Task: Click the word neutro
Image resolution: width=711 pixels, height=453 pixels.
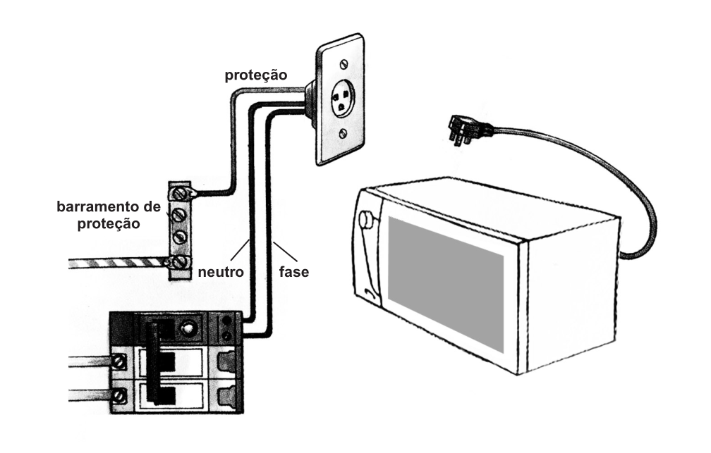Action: click(221, 272)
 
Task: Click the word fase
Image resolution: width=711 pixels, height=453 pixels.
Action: click(294, 272)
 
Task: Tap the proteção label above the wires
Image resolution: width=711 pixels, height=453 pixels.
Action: click(256, 75)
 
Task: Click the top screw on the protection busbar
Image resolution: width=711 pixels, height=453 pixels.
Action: click(181, 194)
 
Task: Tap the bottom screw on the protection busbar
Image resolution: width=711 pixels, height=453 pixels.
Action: click(181, 261)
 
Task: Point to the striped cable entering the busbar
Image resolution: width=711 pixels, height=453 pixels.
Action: click(119, 263)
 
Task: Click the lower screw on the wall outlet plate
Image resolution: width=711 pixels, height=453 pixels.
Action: click(344, 133)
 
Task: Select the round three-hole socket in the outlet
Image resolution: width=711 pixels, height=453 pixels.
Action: click(342, 99)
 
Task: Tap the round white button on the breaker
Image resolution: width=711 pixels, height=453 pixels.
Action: click(186, 328)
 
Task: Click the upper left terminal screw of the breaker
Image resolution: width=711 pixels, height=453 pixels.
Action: click(119, 361)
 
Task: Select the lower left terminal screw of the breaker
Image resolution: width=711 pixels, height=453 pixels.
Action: click(119, 395)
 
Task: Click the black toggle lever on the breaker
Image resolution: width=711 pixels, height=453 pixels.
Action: click(155, 362)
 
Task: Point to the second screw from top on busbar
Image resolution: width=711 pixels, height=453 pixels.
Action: click(181, 215)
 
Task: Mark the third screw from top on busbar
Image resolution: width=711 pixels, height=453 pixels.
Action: click(181, 237)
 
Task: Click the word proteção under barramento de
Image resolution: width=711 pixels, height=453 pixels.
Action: click(109, 224)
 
